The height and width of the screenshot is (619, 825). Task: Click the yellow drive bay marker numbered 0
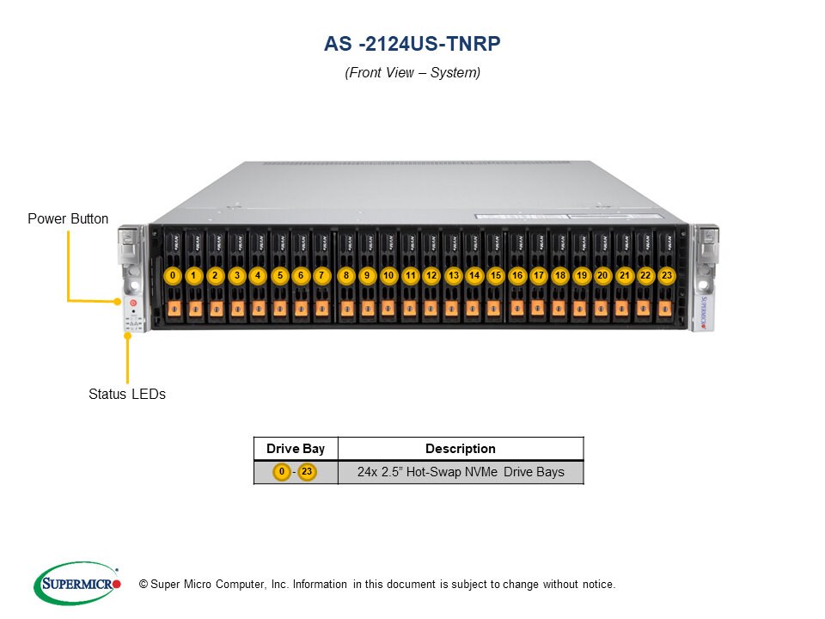coord(174,276)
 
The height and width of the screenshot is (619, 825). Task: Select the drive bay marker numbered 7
coord(321,276)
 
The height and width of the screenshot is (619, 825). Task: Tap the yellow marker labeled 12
coord(431,276)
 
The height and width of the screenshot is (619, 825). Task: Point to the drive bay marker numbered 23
coord(666,276)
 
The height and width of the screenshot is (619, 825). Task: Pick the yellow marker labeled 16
coord(516,276)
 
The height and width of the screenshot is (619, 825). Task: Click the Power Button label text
coord(68,219)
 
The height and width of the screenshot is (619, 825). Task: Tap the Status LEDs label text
coord(127,395)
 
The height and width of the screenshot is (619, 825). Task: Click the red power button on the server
coord(133,303)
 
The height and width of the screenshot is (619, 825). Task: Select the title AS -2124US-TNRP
coord(412,43)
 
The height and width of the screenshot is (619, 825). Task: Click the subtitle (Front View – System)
coord(412,73)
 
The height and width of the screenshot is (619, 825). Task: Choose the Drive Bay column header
coord(296,449)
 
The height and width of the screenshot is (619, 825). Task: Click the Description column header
coord(460,449)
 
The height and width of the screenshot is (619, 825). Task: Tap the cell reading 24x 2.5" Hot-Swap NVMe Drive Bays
coord(461,472)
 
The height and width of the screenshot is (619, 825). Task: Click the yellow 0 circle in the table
coord(282,472)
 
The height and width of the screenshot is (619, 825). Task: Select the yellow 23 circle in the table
coord(308,472)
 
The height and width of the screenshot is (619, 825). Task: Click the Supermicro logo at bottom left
coord(77,583)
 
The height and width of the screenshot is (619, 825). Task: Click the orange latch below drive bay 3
coord(237,309)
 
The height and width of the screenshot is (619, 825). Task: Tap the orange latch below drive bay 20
coord(601,309)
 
